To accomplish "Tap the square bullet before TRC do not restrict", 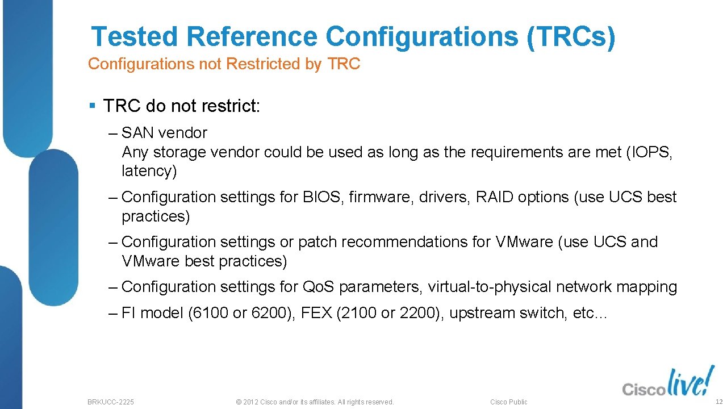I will pyautogui.click(x=93, y=106).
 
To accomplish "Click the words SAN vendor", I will pyautogui.click(x=164, y=133).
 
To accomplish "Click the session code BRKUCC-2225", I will pyautogui.click(x=111, y=402).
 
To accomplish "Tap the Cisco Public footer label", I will pyautogui.click(x=508, y=402).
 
